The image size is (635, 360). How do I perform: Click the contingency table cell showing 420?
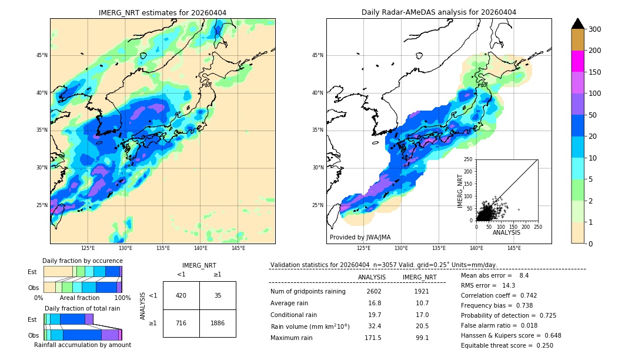tap(181, 295)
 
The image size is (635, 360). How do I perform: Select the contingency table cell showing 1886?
tap(218, 323)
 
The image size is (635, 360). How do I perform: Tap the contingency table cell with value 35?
tap(218, 295)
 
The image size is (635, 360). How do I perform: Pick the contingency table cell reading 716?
tap(181, 323)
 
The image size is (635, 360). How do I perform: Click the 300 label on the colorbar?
tap(595, 29)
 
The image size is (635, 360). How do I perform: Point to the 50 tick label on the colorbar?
tap(593, 115)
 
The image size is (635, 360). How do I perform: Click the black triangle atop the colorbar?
tap(578, 24)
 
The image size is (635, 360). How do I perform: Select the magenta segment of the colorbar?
tap(578, 61)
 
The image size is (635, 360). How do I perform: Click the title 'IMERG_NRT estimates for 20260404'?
tap(162, 12)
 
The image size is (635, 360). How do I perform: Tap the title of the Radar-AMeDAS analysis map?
tap(439, 12)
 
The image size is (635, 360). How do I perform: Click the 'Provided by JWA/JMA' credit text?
tap(360, 238)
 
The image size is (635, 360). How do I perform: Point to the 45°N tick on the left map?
tap(42, 55)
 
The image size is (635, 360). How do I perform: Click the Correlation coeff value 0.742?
tap(524, 295)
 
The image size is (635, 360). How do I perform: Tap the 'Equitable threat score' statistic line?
tap(507, 345)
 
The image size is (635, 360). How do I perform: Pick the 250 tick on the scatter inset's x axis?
tap(537, 226)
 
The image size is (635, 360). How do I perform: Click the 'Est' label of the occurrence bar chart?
tap(32, 272)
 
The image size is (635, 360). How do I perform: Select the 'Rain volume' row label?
tap(310, 326)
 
